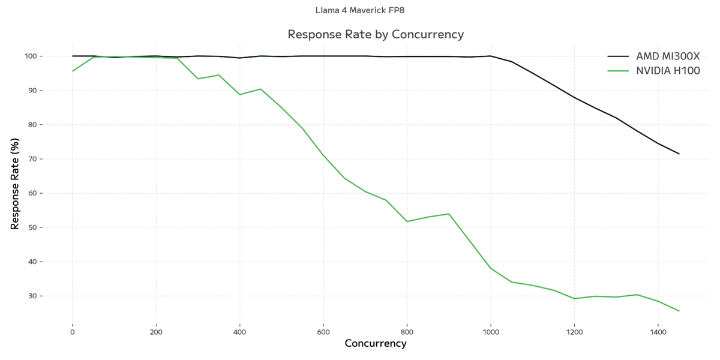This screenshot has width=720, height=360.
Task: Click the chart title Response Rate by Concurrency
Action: (x=376, y=34)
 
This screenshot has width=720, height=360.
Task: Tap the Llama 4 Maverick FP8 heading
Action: (x=364, y=10)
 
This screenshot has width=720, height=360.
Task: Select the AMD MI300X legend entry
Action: (x=667, y=56)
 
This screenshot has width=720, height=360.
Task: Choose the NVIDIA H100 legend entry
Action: (x=668, y=71)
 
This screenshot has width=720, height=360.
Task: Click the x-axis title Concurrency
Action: (x=376, y=344)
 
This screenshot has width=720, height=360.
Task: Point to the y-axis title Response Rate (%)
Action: (x=15, y=185)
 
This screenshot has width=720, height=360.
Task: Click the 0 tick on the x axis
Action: (x=73, y=331)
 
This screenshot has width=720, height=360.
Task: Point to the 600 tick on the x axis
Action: (x=323, y=331)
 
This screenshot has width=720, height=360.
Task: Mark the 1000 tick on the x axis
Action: (x=491, y=331)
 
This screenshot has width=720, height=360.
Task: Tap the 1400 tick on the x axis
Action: (x=658, y=331)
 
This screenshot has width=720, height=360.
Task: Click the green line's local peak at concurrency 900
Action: (x=449, y=214)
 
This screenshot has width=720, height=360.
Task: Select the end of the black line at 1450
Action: (x=679, y=154)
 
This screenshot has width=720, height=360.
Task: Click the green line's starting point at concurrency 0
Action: (x=73, y=71)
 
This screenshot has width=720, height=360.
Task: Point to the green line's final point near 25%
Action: (x=679, y=311)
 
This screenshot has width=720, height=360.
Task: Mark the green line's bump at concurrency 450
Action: (x=260, y=89)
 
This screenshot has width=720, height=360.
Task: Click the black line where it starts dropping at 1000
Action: (x=491, y=56)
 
